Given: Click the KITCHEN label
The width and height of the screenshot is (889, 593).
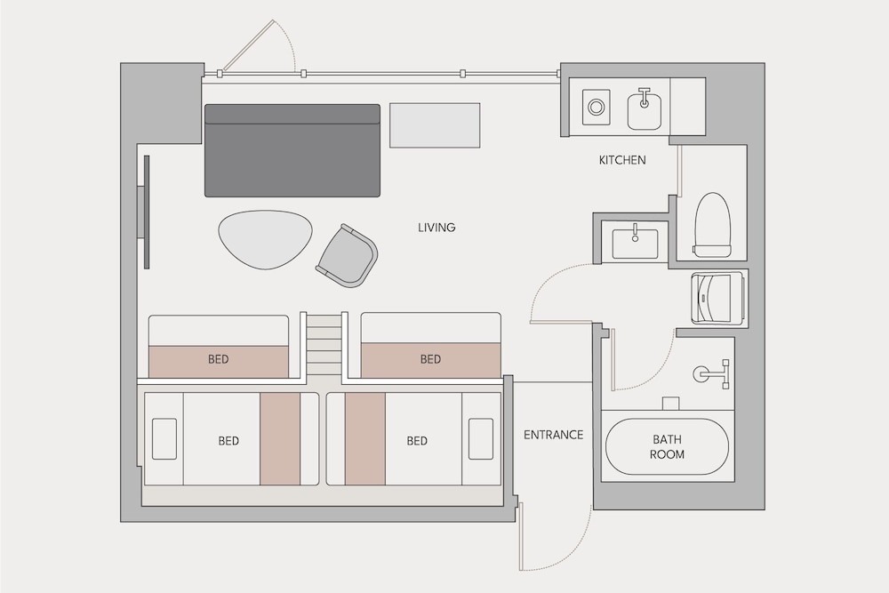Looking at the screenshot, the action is (x=622, y=160).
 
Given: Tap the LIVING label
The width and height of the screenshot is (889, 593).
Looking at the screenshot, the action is (x=436, y=228).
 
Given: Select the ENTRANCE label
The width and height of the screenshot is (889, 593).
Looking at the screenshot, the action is (x=553, y=435).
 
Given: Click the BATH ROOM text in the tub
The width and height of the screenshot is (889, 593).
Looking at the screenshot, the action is (x=667, y=446).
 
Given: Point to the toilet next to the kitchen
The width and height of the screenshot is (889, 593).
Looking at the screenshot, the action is (x=711, y=225).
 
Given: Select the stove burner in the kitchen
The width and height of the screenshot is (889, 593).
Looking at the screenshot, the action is (x=596, y=107).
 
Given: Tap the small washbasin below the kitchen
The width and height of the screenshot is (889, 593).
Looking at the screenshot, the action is (x=635, y=243).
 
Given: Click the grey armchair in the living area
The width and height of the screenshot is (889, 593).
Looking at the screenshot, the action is (x=347, y=256).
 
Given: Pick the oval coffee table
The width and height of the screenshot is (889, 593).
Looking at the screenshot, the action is (x=265, y=239).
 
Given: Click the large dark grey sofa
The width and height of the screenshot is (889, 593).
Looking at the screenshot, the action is (x=292, y=150).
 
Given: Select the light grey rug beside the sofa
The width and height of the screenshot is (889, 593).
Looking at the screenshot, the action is (x=435, y=124).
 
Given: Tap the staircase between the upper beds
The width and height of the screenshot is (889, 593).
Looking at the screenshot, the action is (x=324, y=345).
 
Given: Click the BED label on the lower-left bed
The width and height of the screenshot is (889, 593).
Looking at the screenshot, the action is (x=228, y=440).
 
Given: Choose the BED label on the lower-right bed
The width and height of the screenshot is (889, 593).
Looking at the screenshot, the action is (x=417, y=440).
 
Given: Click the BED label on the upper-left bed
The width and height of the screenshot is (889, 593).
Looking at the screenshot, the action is (x=219, y=359).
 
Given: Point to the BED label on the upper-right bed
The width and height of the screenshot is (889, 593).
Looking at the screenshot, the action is (x=430, y=359).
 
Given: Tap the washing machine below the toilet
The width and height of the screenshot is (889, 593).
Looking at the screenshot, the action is (x=717, y=299).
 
